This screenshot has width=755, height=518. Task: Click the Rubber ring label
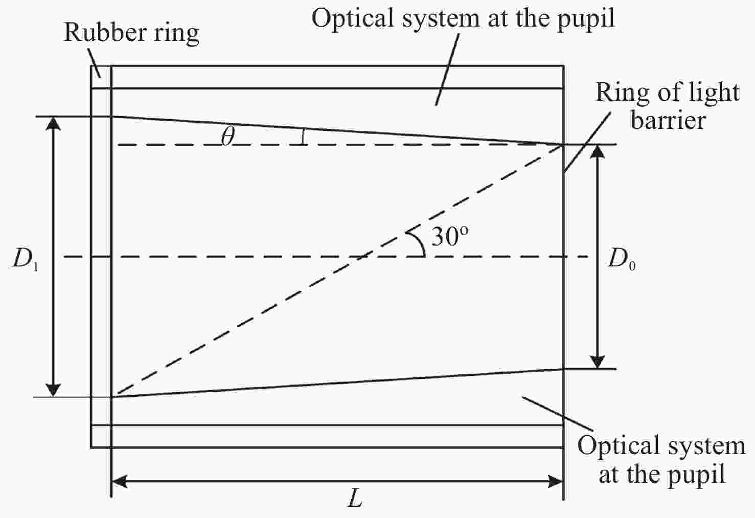[131, 33]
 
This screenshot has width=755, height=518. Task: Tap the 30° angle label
[450, 237]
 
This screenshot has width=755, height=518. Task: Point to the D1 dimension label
[25, 260]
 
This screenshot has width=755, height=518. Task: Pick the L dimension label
[355, 499]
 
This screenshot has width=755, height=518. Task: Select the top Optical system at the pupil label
[463, 19]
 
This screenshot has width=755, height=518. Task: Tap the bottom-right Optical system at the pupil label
[661, 460]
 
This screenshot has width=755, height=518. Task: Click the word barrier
[668, 121]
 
